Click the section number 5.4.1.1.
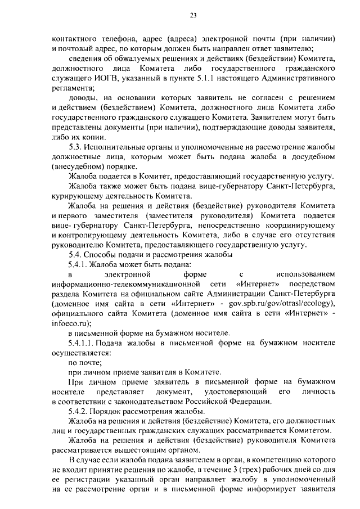85,343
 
